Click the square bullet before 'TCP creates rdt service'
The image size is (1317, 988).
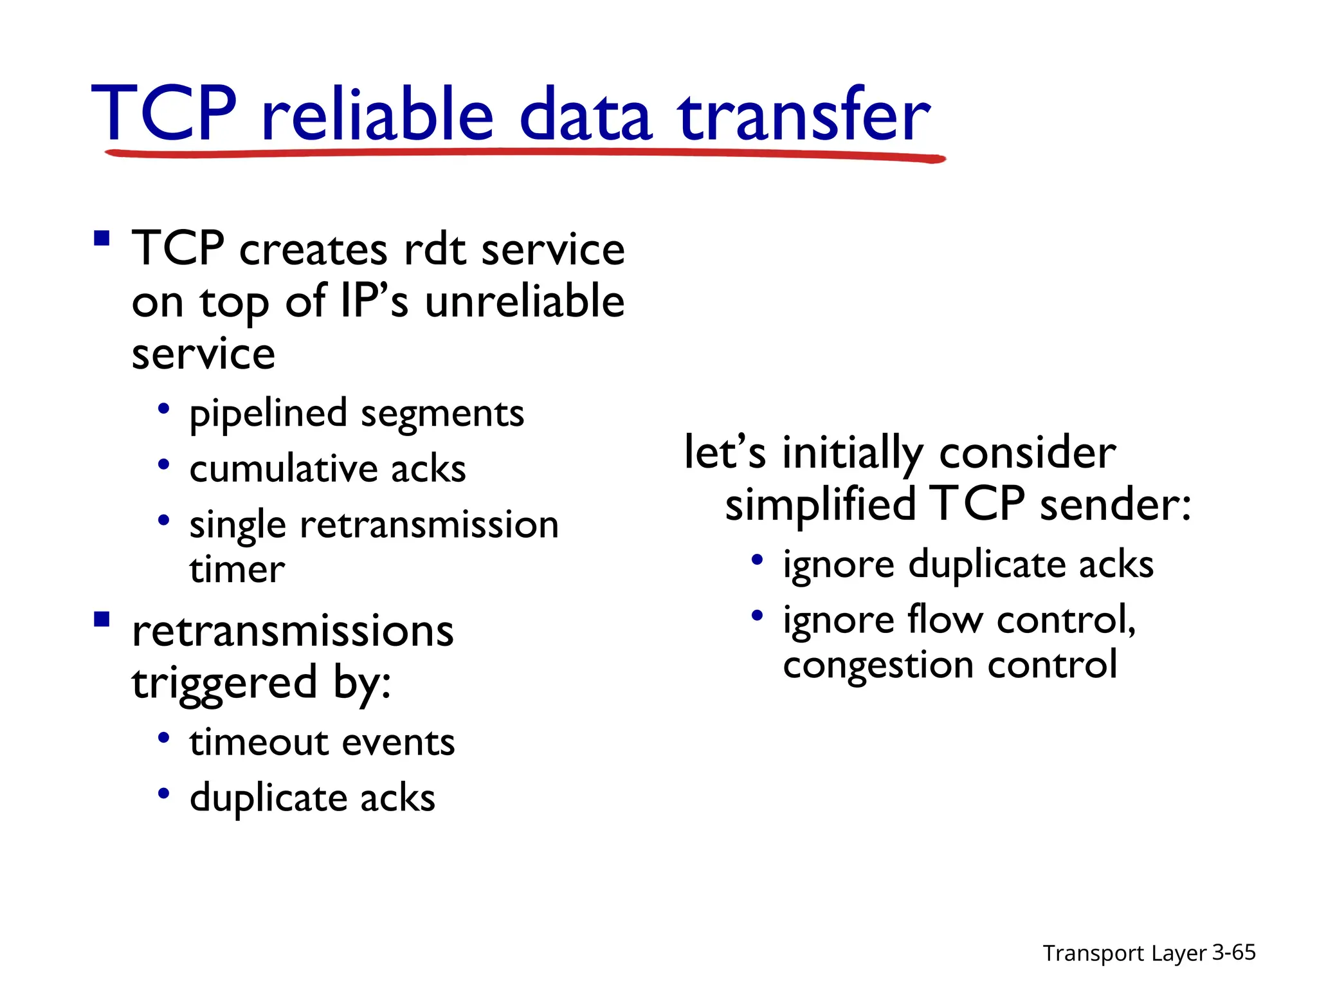pos(102,239)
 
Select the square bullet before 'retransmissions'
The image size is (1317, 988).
pos(102,619)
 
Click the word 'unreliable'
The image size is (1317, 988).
pos(525,301)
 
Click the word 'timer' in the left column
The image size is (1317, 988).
pos(237,570)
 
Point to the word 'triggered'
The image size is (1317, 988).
pos(224,683)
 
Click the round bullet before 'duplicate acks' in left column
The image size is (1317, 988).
pos(164,794)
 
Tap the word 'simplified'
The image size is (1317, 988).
pos(820,504)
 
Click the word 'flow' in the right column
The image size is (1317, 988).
pos(945,620)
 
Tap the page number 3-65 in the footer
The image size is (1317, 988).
pos(1233,952)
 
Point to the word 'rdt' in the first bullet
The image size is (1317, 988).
pos(435,249)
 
